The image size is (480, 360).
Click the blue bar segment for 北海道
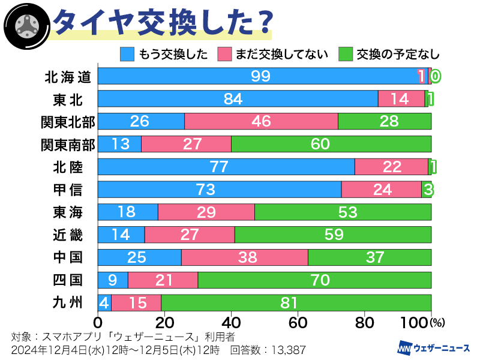click(x=258, y=76)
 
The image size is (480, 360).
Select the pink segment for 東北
click(x=401, y=98)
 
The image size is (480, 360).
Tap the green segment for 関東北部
click(x=385, y=121)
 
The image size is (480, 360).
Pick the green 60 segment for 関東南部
click(x=331, y=144)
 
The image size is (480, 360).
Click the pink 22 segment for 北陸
click(x=391, y=166)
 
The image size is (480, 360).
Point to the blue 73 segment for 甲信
click(x=220, y=189)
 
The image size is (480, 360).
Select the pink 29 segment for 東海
click(x=206, y=212)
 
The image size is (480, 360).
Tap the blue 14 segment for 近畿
click(x=121, y=235)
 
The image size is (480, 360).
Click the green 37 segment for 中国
click(x=369, y=257)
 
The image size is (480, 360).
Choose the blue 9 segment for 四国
click(x=113, y=280)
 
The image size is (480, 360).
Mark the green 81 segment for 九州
click(x=296, y=302)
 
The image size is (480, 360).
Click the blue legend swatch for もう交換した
click(x=128, y=55)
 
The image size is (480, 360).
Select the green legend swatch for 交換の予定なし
click(x=346, y=55)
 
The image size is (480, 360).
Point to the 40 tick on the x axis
click(x=231, y=322)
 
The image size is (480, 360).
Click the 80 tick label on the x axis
click(x=364, y=322)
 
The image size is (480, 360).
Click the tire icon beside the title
click(x=24, y=24)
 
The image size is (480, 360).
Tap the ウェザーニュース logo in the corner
click(x=434, y=347)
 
